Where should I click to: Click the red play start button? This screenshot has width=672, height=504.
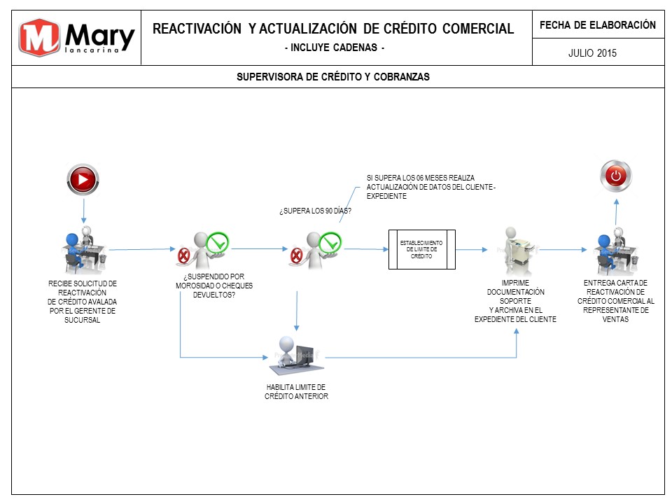point(83,179)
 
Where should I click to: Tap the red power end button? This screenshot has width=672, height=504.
point(616,176)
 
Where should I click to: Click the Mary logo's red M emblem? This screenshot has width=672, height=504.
point(39,37)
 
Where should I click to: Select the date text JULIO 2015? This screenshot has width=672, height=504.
point(592,53)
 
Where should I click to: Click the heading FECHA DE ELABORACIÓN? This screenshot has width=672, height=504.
point(598,25)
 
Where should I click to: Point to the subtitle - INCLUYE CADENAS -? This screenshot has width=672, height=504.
point(335,47)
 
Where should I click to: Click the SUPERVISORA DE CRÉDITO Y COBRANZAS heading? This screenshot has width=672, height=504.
point(333,77)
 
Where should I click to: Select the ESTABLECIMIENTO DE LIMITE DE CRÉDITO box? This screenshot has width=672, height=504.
point(421,249)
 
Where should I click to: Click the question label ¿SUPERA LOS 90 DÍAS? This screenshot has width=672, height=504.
point(316,211)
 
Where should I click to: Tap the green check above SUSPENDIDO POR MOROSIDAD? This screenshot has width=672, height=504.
point(217,243)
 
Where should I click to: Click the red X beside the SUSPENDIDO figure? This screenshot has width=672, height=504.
point(183,256)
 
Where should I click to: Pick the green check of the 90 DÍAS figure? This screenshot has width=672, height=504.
point(330,243)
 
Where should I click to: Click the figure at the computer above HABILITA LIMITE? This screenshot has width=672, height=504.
point(295,356)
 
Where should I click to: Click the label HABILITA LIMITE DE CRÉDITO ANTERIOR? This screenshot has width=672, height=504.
point(297,392)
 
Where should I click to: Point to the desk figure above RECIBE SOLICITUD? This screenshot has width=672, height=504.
point(83,250)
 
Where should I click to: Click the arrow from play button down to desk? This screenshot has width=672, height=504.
point(83,211)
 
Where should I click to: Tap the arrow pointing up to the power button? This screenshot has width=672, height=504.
point(616,212)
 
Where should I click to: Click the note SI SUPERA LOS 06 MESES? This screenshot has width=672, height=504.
point(430,187)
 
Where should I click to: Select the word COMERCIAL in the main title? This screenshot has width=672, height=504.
point(478,29)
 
